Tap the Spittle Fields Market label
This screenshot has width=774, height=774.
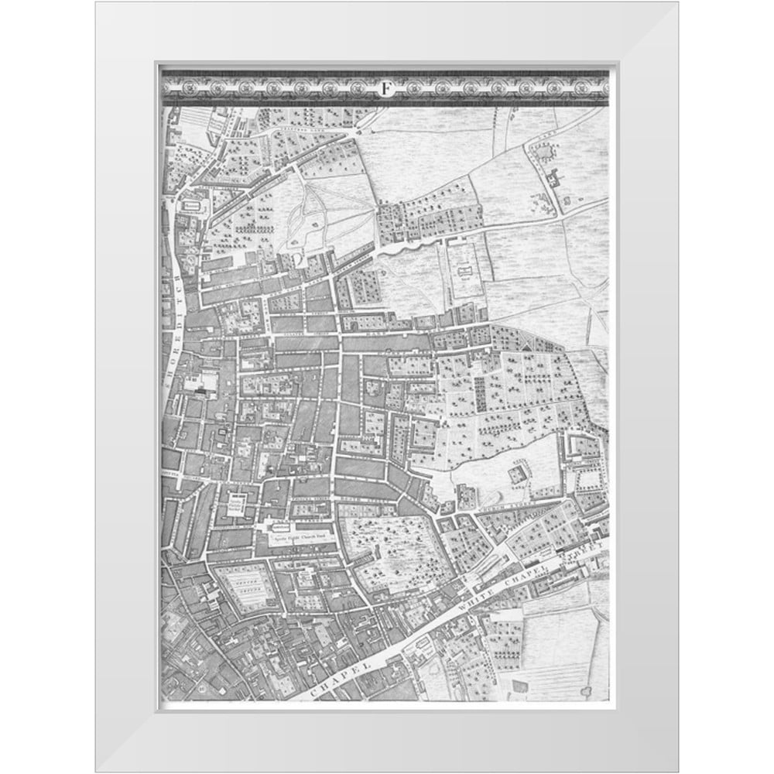tap(236, 506)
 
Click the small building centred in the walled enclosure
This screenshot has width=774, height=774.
tap(465, 269)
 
